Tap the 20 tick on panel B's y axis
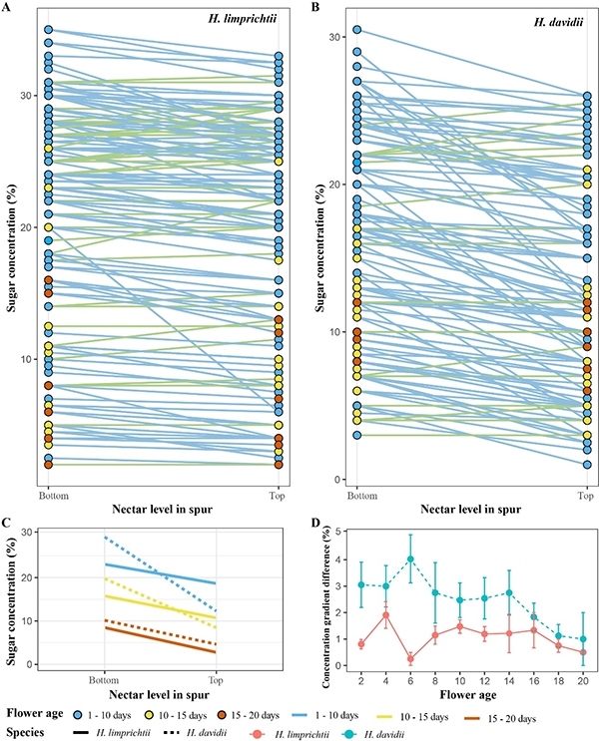(337, 185)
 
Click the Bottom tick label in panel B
(356, 495)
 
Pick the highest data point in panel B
(356, 30)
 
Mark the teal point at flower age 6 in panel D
(410, 559)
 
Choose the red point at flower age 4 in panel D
(384, 615)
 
